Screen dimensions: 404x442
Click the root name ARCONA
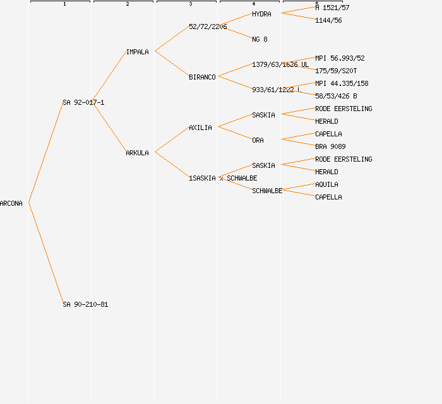(11, 203)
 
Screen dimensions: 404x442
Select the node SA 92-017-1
(83, 102)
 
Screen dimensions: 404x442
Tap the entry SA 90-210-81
(85, 304)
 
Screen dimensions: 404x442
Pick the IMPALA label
(137, 52)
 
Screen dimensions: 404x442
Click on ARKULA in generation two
(137, 153)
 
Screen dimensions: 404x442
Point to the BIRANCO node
(202, 77)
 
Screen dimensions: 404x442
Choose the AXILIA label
(200, 128)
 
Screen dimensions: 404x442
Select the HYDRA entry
(261, 14)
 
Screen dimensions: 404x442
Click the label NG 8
(260, 39)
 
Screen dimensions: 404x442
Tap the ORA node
(258, 140)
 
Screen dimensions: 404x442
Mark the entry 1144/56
(328, 20)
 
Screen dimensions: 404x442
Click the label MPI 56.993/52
(340, 58)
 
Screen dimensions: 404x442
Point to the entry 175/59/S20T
(336, 71)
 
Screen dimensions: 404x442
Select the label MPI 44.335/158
(342, 83)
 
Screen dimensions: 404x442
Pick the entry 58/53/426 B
(336, 96)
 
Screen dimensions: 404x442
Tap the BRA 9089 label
(330, 146)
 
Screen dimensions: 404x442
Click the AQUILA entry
(326, 184)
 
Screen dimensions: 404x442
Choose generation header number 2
(127, 4)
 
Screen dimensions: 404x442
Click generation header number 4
(253, 4)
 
